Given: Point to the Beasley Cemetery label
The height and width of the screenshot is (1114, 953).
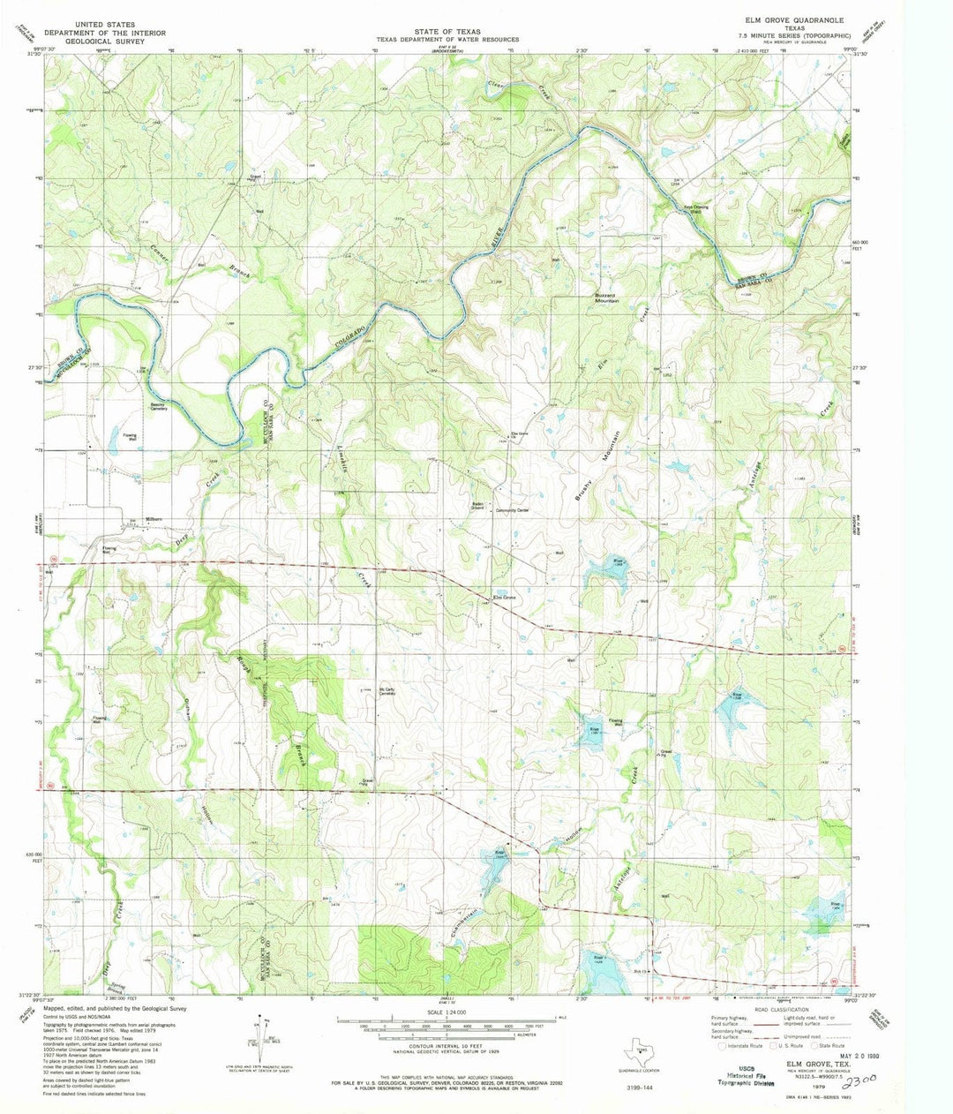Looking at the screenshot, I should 159,409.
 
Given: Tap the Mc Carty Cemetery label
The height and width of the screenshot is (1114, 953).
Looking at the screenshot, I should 386,692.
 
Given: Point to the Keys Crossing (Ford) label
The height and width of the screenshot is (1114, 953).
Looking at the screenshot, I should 694,209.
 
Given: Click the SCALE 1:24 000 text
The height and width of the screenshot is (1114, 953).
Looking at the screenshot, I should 449,1012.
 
